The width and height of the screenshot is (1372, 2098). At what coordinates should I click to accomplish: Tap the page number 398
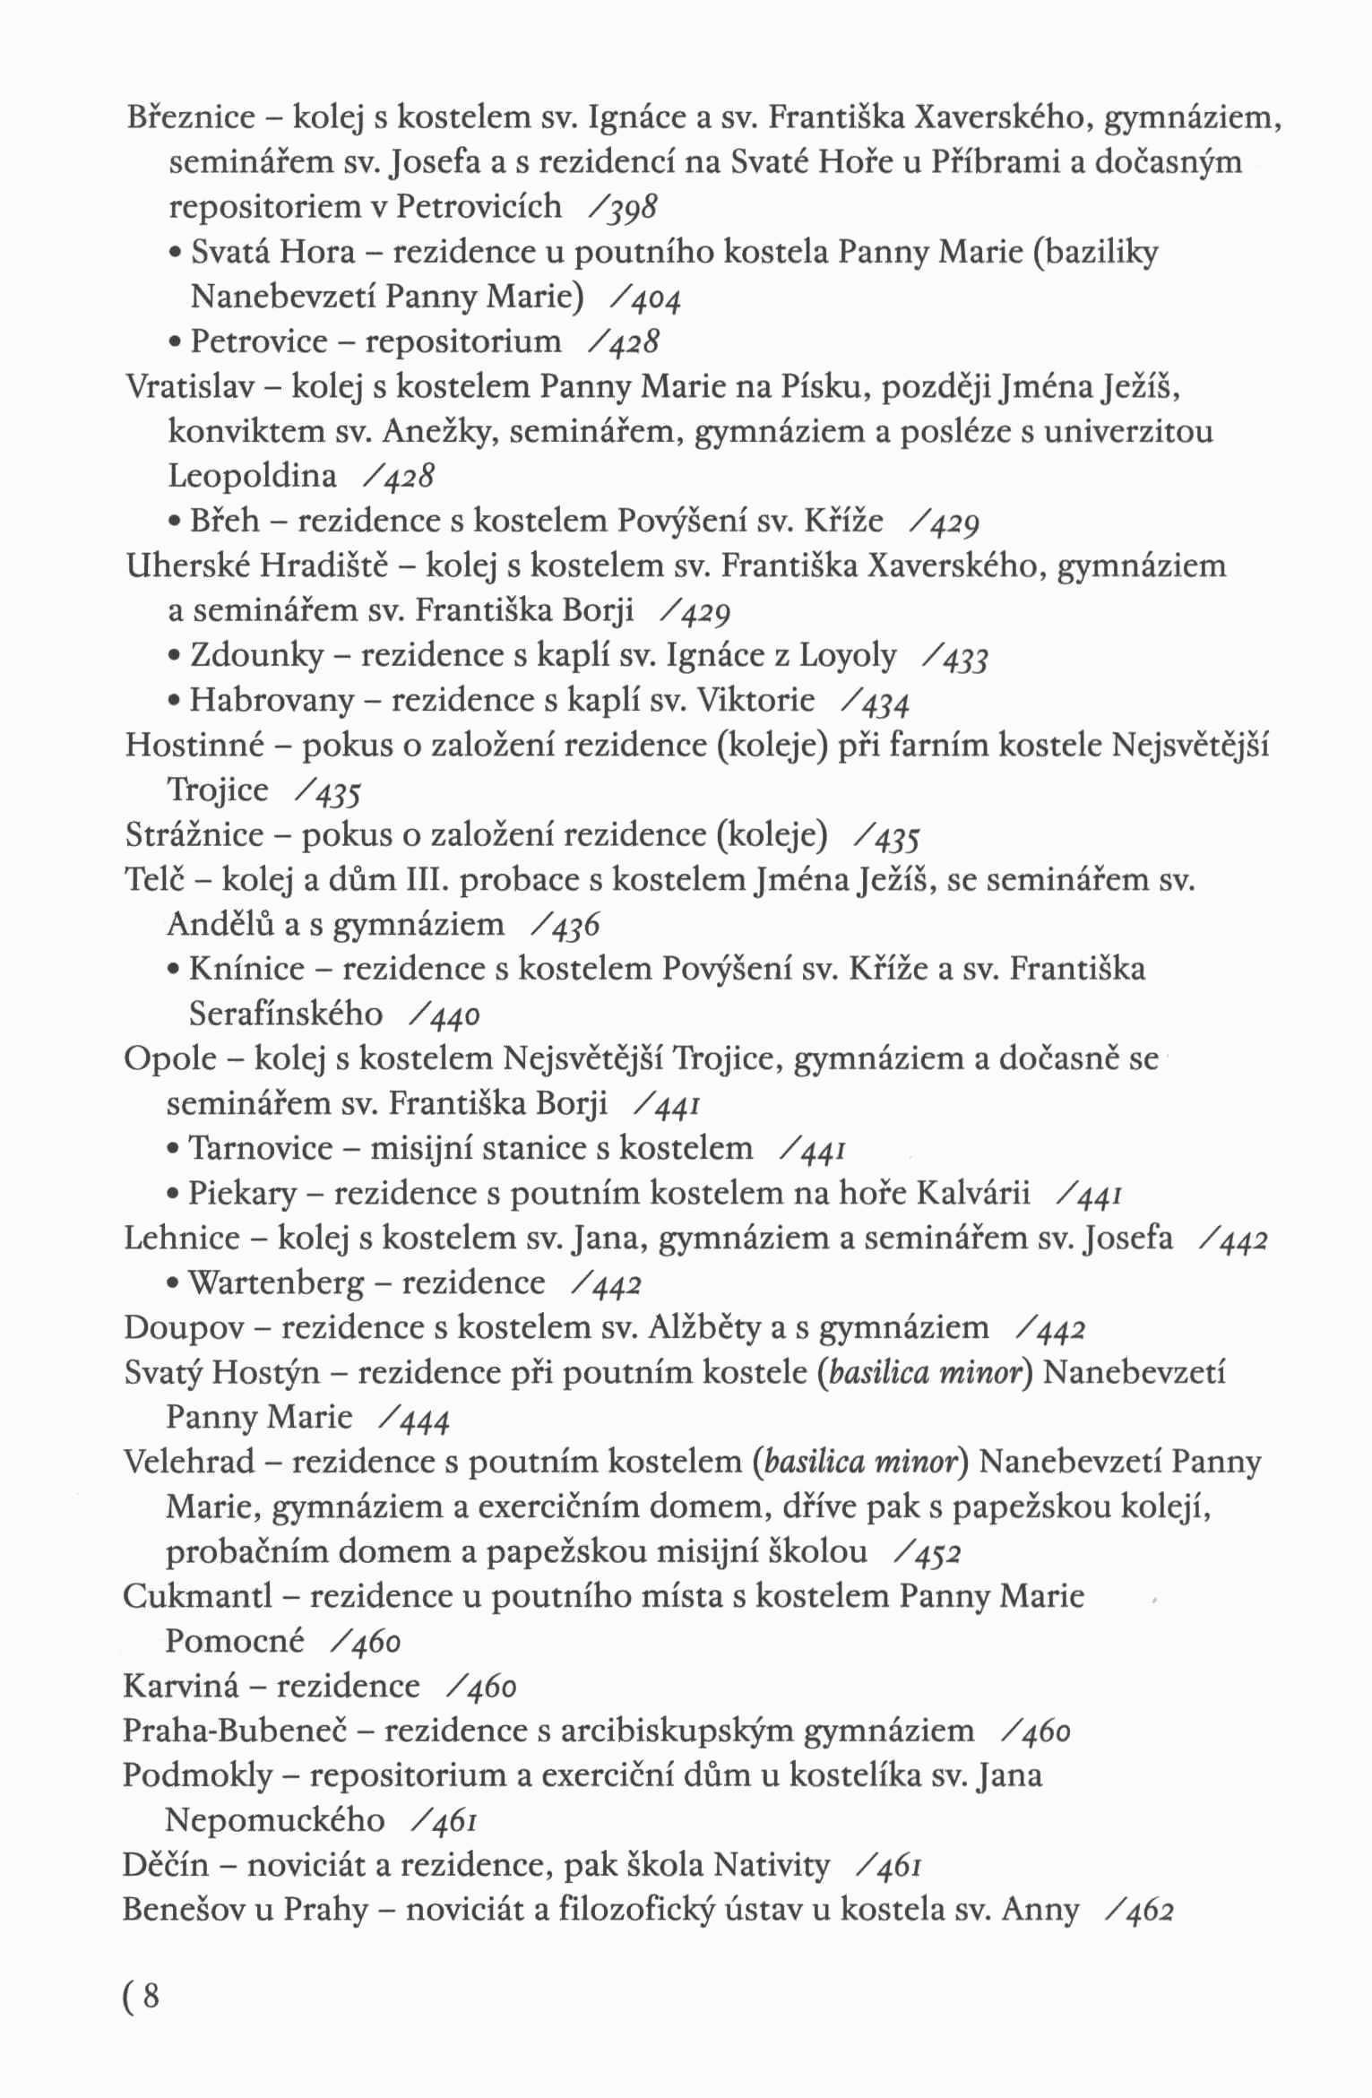tap(634, 208)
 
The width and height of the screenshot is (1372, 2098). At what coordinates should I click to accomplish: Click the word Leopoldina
tap(253, 476)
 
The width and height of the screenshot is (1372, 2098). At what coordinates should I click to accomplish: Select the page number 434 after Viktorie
tap(884, 702)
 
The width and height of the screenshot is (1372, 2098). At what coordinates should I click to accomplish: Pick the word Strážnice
tap(194, 835)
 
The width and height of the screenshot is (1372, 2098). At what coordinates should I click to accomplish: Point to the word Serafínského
tap(286, 1014)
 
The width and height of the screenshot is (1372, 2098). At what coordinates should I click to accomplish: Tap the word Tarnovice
tap(261, 1149)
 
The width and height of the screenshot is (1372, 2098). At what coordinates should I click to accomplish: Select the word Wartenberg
tap(276, 1283)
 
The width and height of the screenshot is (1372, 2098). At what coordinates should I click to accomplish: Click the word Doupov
tap(182, 1328)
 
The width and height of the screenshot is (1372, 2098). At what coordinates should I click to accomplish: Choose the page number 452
tap(936, 1553)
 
